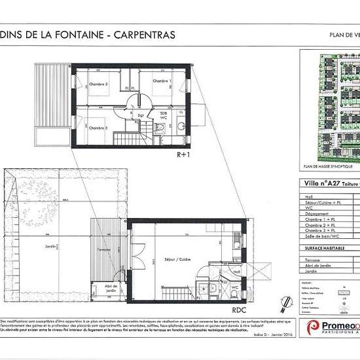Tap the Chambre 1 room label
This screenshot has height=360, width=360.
(x=162, y=81)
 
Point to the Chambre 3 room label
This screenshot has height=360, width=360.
(x=98, y=128)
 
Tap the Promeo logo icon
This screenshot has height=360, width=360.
(x=314, y=326)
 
